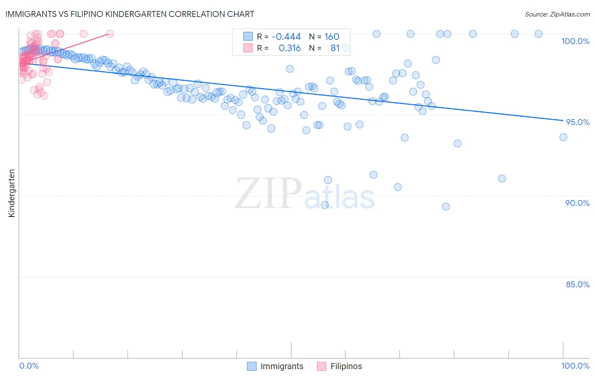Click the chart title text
click(x=130, y=14)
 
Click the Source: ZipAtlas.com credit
click(x=557, y=14)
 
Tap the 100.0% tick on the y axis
click(x=575, y=41)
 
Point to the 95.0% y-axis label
click(x=578, y=122)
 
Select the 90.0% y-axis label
click(x=578, y=203)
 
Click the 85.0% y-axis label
click(x=578, y=284)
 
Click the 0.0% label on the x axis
click(x=29, y=366)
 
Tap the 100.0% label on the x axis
click(x=575, y=366)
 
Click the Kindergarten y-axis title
click(x=12, y=193)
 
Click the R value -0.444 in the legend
click(x=286, y=36)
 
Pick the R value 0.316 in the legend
click(x=289, y=48)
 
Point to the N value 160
click(x=332, y=36)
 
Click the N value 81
click(x=335, y=48)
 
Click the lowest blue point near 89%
click(x=446, y=207)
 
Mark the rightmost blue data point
click(x=563, y=137)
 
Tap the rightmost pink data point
click(x=110, y=34)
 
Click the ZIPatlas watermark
click(x=305, y=194)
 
